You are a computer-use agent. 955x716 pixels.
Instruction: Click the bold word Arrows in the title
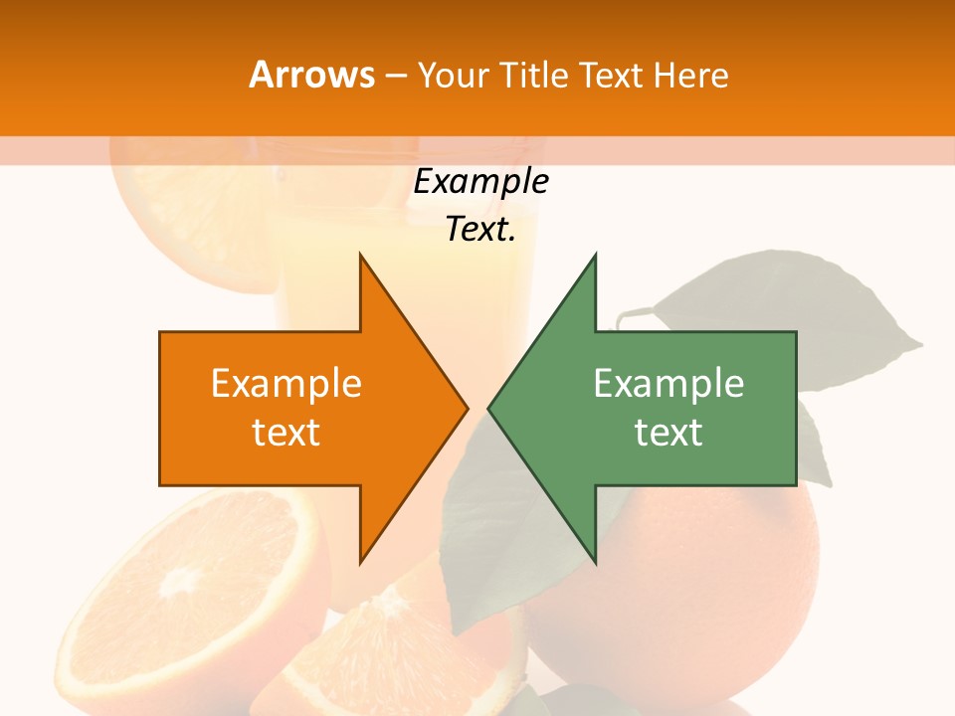(x=311, y=75)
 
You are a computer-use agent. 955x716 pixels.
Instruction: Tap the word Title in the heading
(x=541, y=76)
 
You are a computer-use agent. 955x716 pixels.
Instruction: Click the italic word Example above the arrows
(x=480, y=182)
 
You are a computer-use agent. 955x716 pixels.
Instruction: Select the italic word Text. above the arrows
(x=480, y=229)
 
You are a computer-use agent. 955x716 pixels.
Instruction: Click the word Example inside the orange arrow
(x=286, y=384)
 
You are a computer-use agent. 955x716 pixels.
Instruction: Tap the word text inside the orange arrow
(x=286, y=433)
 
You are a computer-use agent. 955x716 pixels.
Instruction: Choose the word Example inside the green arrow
(x=668, y=384)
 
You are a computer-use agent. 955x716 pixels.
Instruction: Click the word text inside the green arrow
(x=668, y=433)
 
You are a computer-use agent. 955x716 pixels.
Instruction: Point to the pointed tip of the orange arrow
(x=466, y=408)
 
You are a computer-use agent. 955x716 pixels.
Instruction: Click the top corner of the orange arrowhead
(x=360, y=256)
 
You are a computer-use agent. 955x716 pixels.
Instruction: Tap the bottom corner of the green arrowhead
(x=595, y=562)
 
